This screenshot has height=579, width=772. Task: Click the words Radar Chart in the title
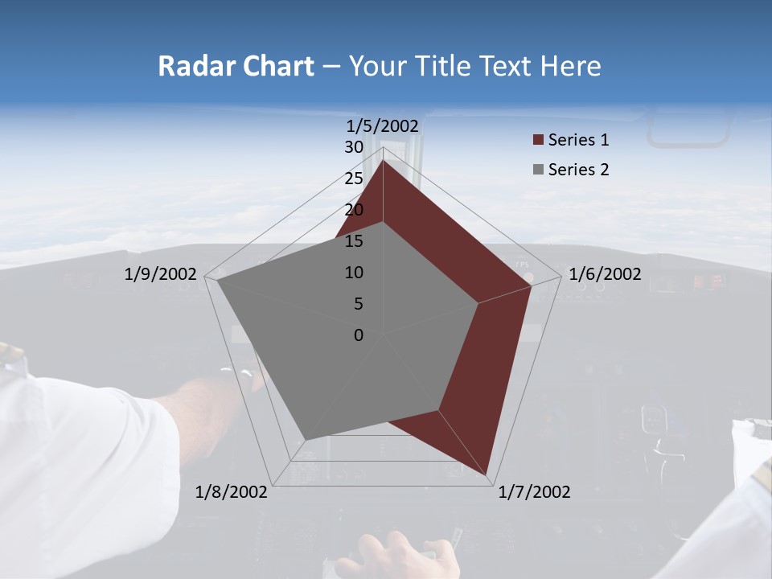[236, 66]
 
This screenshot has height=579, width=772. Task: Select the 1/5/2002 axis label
[383, 125]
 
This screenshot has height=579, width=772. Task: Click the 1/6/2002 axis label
[605, 274]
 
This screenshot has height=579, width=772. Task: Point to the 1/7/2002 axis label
[534, 491]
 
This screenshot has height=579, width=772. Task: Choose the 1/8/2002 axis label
[232, 491]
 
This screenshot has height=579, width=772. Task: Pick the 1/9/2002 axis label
[161, 274]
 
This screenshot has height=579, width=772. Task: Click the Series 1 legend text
[578, 140]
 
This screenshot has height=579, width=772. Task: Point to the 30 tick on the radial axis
[354, 147]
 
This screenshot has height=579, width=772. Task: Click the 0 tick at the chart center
[359, 335]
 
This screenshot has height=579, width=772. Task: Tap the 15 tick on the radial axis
[354, 241]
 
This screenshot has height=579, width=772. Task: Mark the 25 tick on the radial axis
[354, 179]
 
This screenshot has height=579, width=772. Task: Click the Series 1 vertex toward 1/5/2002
[383, 161]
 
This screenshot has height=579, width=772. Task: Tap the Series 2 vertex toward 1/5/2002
[383, 223]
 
